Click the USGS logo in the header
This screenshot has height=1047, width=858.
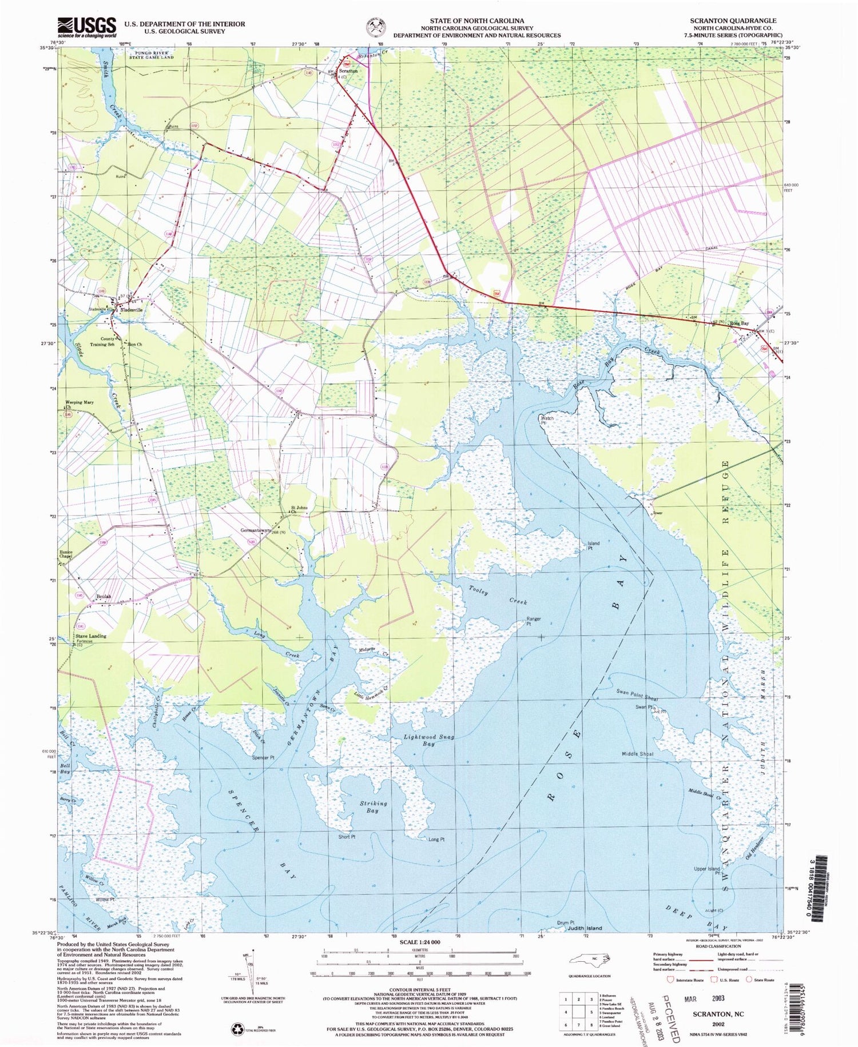(x=86, y=26)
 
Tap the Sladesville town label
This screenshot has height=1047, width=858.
(x=131, y=309)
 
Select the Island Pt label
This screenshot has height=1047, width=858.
(x=593, y=545)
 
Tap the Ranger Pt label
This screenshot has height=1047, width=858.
(x=533, y=621)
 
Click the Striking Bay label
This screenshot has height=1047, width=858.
(x=373, y=806)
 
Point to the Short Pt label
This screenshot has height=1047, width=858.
(x=347, y=837)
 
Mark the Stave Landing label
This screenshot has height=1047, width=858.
(x=90, y=636)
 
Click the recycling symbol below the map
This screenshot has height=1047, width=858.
(x=236, y=1029)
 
